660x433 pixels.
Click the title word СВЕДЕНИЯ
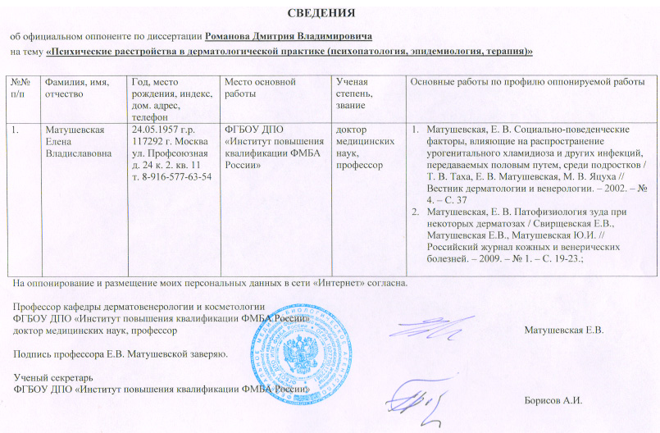pos(325,14)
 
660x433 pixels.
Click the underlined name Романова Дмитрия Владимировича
pos(289,37)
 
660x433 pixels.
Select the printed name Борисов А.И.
pos(551,400)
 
